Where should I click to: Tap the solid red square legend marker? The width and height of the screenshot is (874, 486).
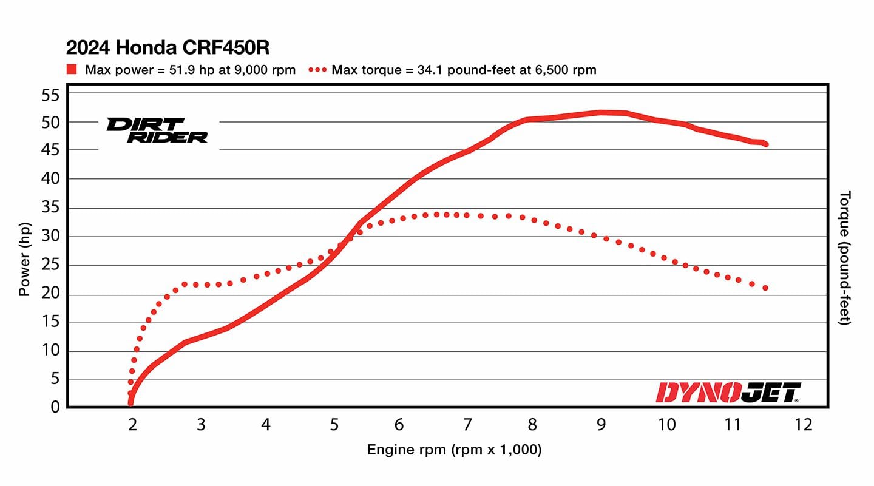[72, 70]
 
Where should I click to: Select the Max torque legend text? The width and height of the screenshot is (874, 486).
[464, 70]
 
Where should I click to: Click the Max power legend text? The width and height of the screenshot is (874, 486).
[190, 70]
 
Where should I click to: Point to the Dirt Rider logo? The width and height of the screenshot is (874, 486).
[157, 130]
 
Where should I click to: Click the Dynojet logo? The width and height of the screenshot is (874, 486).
[728, 393]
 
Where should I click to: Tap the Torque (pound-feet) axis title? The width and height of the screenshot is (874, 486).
[845, 257]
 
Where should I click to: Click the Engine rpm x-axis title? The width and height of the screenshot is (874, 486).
[454, 450]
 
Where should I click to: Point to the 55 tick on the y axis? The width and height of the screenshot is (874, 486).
[51, 95]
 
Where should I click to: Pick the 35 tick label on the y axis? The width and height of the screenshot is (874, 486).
[51, 208]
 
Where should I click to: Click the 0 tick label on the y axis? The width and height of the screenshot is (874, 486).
[55, 407]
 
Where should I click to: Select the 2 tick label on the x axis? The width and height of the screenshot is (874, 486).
[132, 424]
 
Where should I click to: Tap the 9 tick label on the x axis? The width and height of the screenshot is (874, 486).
[601, 424]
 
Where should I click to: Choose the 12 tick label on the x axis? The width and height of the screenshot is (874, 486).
[803, 424]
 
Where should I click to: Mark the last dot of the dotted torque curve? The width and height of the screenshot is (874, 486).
[765, 288]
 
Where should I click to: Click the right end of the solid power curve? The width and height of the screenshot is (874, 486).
[766, 144]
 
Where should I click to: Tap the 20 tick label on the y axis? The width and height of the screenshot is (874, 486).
[51, 294]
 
